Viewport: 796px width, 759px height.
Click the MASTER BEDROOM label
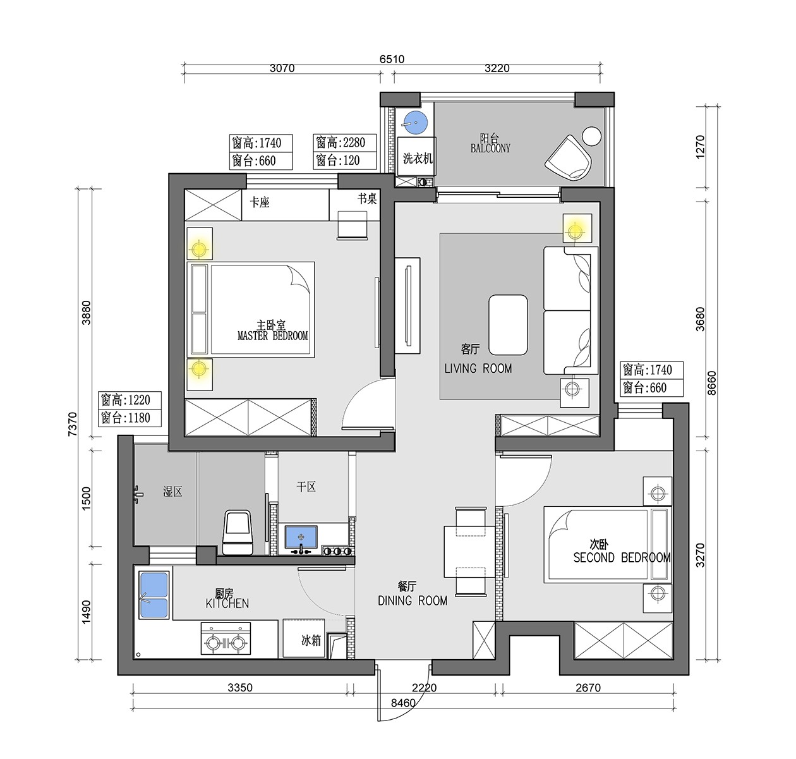tap(272, 336)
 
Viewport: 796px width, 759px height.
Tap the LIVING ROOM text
tap(478, 368)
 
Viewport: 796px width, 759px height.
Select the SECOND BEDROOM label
tap(622, 557)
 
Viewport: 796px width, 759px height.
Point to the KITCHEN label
tap(227, 604)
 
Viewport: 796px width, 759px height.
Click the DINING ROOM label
tap(413, 600)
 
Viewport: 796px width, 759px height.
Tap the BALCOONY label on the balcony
tap(490, 149)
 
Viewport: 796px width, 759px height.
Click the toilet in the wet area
tap(238, 532)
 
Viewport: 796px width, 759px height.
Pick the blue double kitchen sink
tap(154, 595)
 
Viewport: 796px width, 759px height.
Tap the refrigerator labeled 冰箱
tap(304, 638)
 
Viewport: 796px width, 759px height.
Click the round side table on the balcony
tap(592, 135)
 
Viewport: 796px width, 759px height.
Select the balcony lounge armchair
tap(568, 158)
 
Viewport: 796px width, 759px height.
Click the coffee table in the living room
tap(508, 325)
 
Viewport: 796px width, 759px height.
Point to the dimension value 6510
tap(392, 59)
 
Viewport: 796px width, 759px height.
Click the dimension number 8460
tap(403, 703)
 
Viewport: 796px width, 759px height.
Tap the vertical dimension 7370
tap(72, 424)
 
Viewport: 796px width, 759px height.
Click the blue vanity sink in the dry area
tap(301, 537)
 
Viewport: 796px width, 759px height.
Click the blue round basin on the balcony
tap(415, 122)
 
